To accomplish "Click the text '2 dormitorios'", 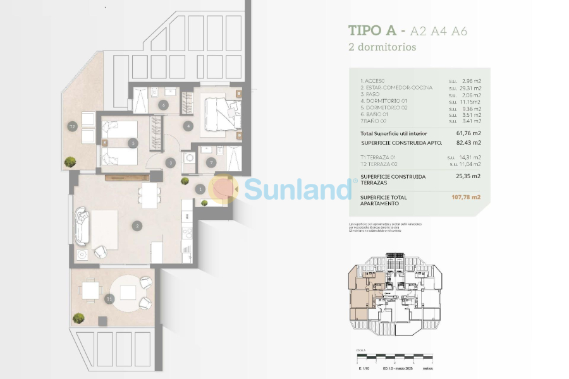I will coord(382,47).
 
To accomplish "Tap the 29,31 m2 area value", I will coord(472,88).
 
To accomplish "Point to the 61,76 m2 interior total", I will coord(468,133).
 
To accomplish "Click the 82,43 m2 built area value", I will coord(468,143).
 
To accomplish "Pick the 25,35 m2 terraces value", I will coord(468,177).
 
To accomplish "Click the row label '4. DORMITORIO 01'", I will coord(384,101).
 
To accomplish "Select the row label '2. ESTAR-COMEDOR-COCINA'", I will coord(396,88).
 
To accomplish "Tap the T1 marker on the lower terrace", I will coord(109,299).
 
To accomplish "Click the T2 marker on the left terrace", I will coord(72,127).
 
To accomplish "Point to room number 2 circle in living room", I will coord(137,226).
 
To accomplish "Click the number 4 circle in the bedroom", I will coord(188,126).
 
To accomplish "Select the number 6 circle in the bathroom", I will coord(163,105).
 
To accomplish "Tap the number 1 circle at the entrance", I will coord(200,189).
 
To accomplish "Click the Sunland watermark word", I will coord(297,188).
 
